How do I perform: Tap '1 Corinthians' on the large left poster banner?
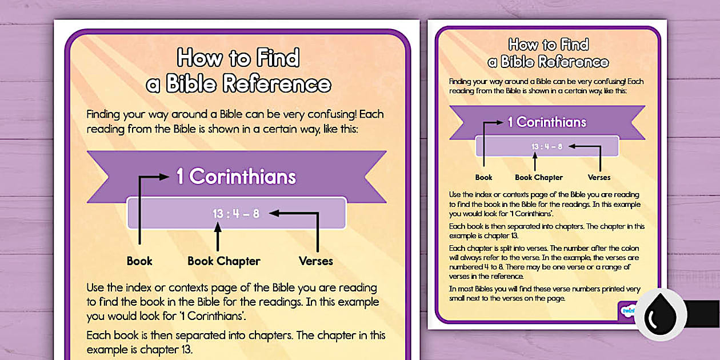[x=236, y=177]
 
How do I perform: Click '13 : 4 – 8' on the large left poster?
[x=236, y=214]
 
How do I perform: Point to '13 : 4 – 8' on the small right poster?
[x=547, y=146]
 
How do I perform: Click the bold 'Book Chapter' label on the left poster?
[x=224, y=261]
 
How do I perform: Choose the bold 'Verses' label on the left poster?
[x=315, y=261]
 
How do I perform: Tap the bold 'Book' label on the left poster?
[x=139, y=261]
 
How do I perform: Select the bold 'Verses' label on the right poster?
[x=599, y=177]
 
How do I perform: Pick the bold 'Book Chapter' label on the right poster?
[x=539, y=177]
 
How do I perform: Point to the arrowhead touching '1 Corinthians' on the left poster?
[x=165, y=177]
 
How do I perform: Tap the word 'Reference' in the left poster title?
[x=277, y=84]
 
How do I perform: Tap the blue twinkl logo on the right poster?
[x=627, y=310]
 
